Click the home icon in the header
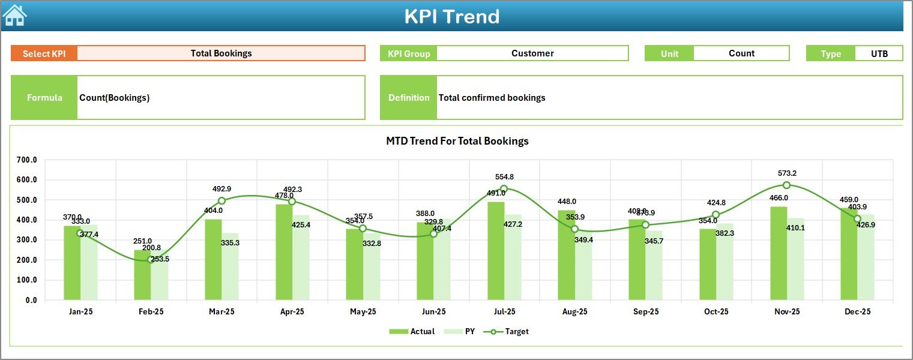point(14,16)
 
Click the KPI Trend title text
point(451,16)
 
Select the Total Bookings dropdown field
point(221,53)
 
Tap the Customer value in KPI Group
point(532,53)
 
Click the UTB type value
point(879,53)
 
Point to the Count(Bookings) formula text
point(115,98)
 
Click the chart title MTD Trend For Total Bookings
point(457,141)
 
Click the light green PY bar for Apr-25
point(301,257)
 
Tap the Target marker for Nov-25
point(786,185)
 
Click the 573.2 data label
point(786,173)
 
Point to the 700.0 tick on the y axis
point(26,160)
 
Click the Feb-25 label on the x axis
point(151,312)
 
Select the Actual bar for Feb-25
point(142,275)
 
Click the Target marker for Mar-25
point(221,201)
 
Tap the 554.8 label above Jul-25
point(504,177)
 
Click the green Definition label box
point(408,98)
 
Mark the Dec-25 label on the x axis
point(857,312)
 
